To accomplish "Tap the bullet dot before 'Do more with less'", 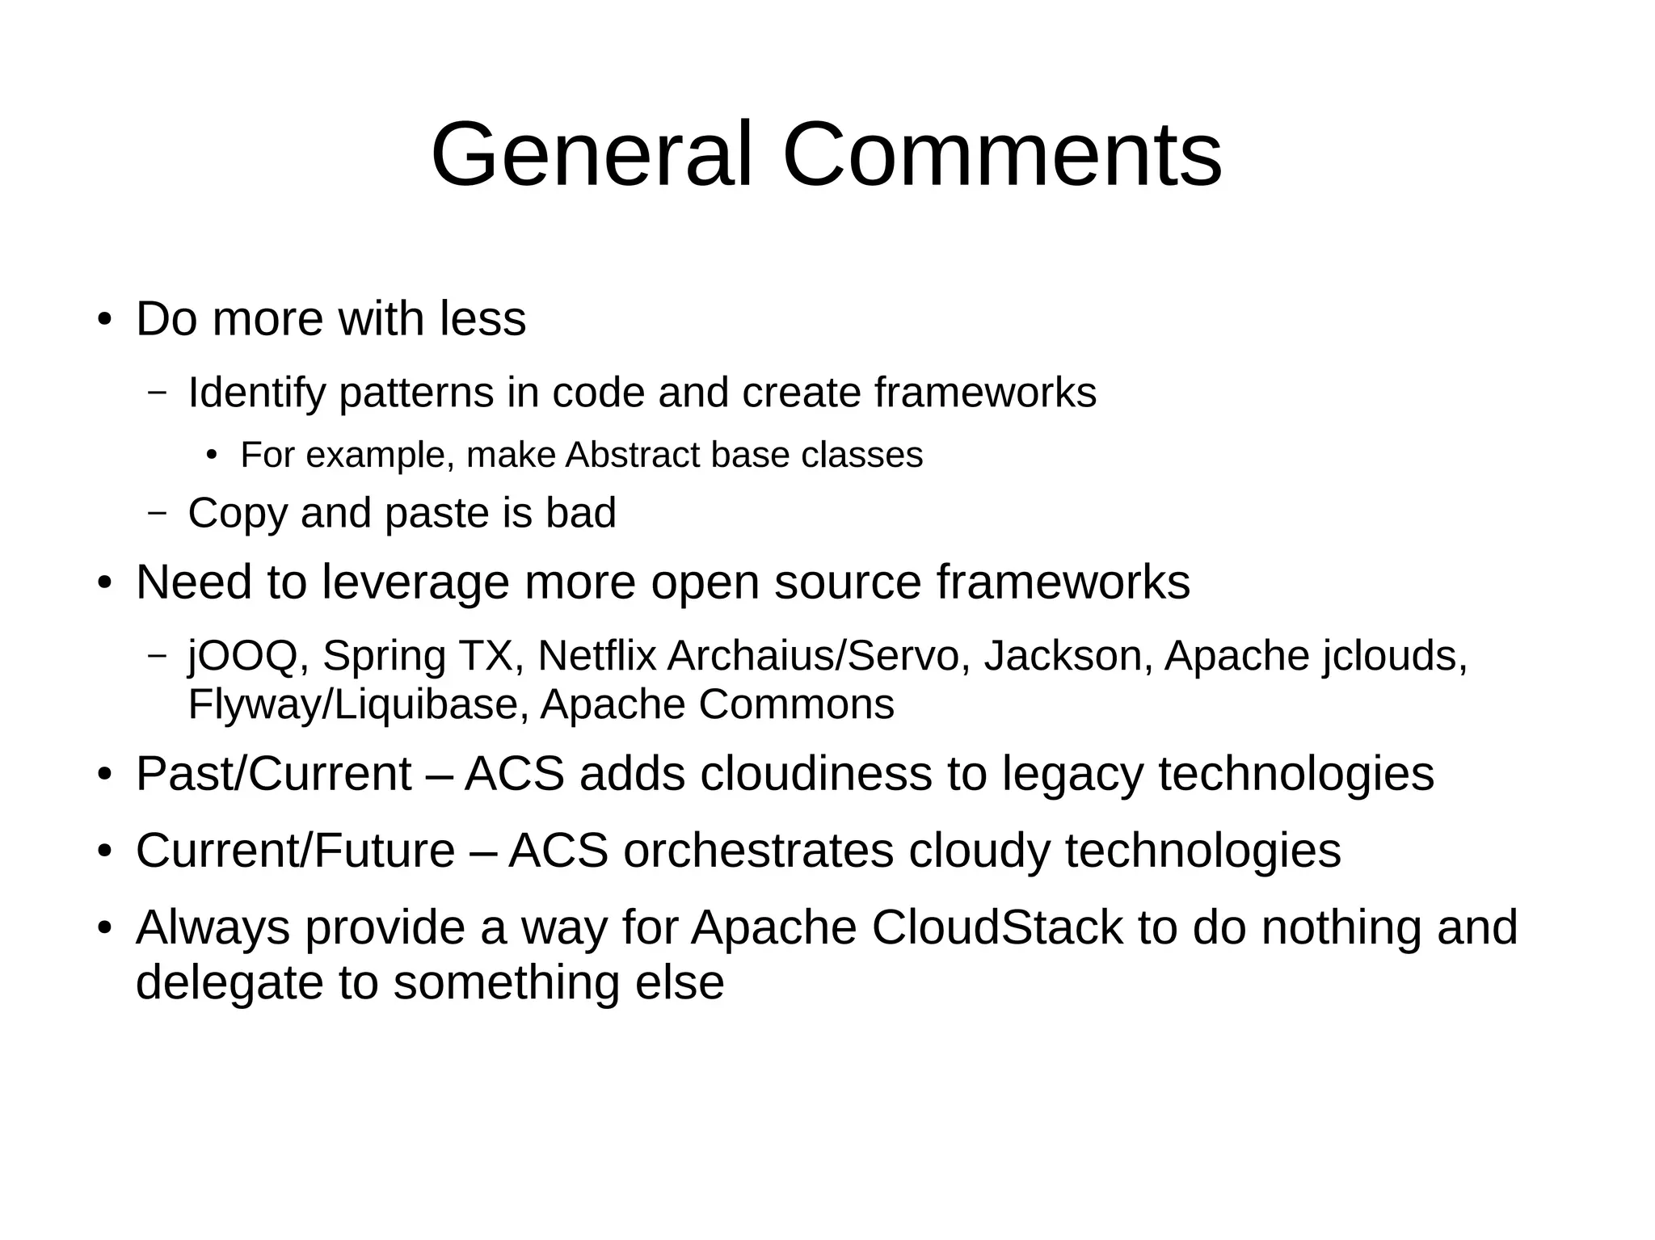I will coord(103,319).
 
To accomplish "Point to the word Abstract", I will coord(633,455).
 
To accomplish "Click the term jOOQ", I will coord(242,656).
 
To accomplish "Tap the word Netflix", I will coord(596,655).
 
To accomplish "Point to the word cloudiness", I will coord(816,774).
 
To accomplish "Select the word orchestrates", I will coord(758,851).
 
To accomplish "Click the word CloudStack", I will coord(997,927).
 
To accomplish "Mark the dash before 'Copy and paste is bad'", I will coord(158,512).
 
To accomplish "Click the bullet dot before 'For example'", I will coord(212,456).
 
